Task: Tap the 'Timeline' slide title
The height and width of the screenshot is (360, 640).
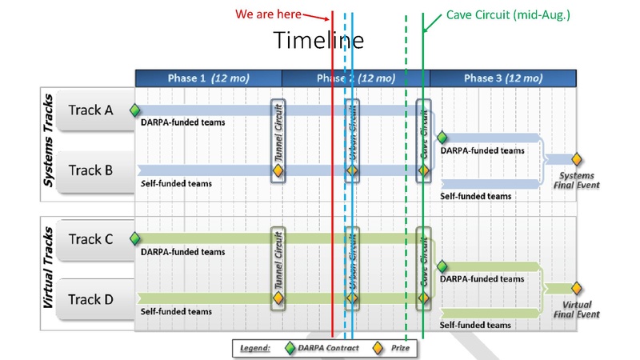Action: [318, 40]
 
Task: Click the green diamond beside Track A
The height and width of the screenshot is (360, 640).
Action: [135, 110]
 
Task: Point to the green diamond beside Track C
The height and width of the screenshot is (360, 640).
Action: [135, 238]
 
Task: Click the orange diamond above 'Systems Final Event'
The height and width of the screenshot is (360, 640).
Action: [576, 159]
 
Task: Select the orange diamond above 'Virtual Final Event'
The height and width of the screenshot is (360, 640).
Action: [576, 288]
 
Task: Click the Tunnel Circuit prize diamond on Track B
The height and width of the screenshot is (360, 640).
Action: [278, 170]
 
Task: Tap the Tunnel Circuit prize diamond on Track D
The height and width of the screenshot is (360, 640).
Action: [278, 298]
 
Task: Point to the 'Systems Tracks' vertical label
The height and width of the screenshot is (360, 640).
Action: [48, 141]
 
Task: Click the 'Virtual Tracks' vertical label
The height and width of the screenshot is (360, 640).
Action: [48, 268]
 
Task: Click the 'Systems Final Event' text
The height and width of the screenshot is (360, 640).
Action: [577, 180]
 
